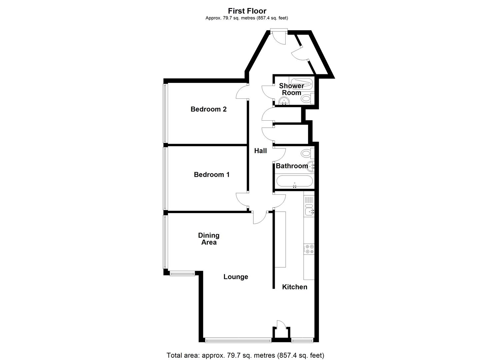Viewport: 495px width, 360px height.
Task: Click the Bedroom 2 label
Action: coord(208,109)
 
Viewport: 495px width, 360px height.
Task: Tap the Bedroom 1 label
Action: coord(212,175)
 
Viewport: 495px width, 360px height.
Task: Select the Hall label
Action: coord(260,151)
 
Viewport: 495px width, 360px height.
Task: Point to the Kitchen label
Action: coord(295,287)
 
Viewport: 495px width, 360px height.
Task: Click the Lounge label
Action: coord(236,277)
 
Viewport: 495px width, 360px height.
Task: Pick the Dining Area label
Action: coord(209,239)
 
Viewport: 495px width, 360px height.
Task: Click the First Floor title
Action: coord(247,11)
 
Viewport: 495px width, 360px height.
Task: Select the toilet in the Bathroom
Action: coord(306,153)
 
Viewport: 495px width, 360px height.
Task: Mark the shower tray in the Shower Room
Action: coord(302,83)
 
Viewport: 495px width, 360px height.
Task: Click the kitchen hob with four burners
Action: coord(309,249)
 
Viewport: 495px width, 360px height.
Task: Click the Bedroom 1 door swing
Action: coord(242,200)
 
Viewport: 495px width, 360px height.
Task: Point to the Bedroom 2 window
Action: coord(165,113)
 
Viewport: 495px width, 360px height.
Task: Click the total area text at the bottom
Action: coord(245,355)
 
